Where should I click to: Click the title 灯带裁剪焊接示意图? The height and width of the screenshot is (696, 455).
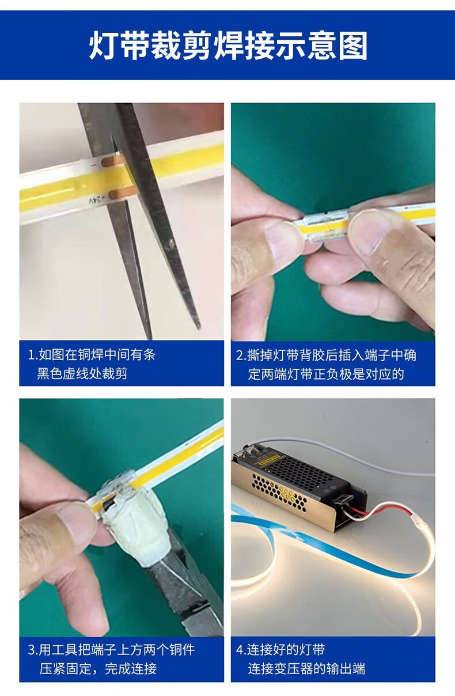(x=228, y=46)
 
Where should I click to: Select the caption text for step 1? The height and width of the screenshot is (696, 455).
(x=92, y=364)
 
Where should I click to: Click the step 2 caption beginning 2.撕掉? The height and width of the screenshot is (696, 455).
(x=326, y=365)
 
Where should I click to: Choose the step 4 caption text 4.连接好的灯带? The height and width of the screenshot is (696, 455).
(x=280, y=649)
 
